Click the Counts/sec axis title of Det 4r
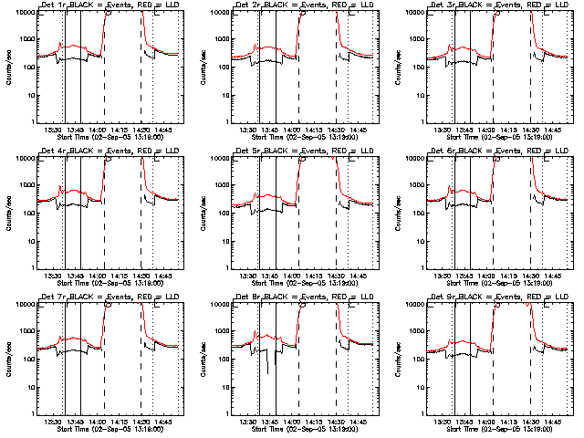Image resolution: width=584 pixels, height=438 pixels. point(8,213)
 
